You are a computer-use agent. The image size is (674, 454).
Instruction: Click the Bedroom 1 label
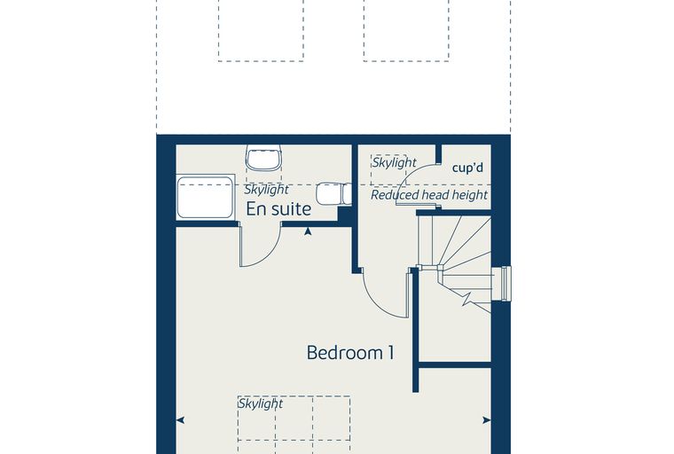350,353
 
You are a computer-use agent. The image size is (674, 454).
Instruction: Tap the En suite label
278,209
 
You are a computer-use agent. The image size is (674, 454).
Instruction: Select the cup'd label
467,168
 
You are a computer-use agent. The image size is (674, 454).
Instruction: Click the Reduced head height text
429,195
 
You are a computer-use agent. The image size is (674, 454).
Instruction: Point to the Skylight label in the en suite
267,190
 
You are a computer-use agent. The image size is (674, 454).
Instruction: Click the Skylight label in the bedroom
261,403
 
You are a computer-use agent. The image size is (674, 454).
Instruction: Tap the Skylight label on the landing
394,162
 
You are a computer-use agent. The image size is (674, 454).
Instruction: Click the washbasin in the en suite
264,157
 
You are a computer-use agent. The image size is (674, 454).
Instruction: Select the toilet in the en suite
334,194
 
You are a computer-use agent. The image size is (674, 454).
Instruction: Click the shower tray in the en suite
206,197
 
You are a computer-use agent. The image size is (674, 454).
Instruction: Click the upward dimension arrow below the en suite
308,231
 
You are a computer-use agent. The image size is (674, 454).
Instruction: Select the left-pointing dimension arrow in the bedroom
181,420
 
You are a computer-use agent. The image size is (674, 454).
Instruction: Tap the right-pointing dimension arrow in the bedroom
487,420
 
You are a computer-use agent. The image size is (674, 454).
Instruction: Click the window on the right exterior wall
502,284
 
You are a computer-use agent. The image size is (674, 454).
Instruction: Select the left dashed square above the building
261,30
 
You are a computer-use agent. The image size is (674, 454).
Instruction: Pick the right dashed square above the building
406,30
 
